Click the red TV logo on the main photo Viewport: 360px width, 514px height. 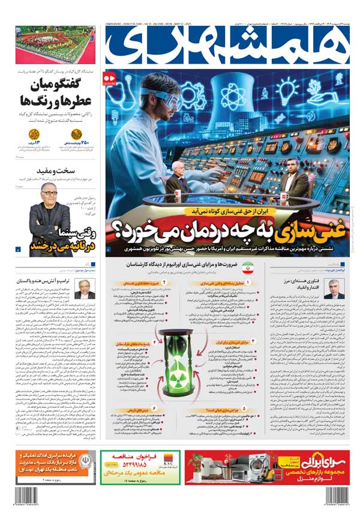(109, 79)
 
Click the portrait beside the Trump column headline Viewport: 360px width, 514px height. (84, 288)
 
